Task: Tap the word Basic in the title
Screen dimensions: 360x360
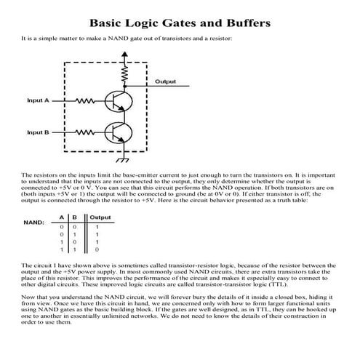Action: click(x=108, y=23)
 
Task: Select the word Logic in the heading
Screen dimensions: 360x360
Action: click(x=148, y=23)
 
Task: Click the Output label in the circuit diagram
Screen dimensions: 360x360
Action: click(x=167, y=81)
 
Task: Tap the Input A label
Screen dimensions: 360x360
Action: click(x=39, y=100)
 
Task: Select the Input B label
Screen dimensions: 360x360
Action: click(x=39, y=132)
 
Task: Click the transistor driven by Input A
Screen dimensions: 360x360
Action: click(x=117, y=100)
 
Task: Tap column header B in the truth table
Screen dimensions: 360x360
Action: click(x=75, y=217)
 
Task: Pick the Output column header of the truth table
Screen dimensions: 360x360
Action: click(x=100, y=217)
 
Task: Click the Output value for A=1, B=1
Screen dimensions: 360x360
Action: click(x=97, y=249)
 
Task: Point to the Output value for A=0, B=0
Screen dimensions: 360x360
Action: click(x=97, y=226)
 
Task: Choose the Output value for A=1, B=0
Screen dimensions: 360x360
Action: click(x=97, y=241)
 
